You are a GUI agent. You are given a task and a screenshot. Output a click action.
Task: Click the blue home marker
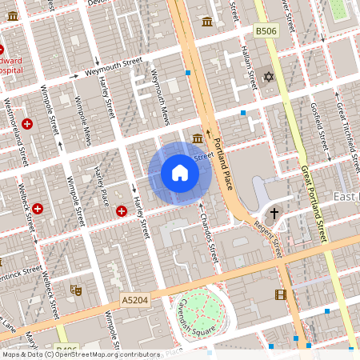coord(180,173)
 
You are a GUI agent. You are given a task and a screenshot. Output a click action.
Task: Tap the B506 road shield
coord(266,30)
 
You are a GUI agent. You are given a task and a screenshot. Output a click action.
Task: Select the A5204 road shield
coord(134,300)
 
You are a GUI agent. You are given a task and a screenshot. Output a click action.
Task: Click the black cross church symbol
coord(274,214)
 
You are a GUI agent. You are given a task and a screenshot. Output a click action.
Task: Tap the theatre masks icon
coord(76,290)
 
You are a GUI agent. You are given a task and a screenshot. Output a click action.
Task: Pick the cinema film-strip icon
coord(280,295)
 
